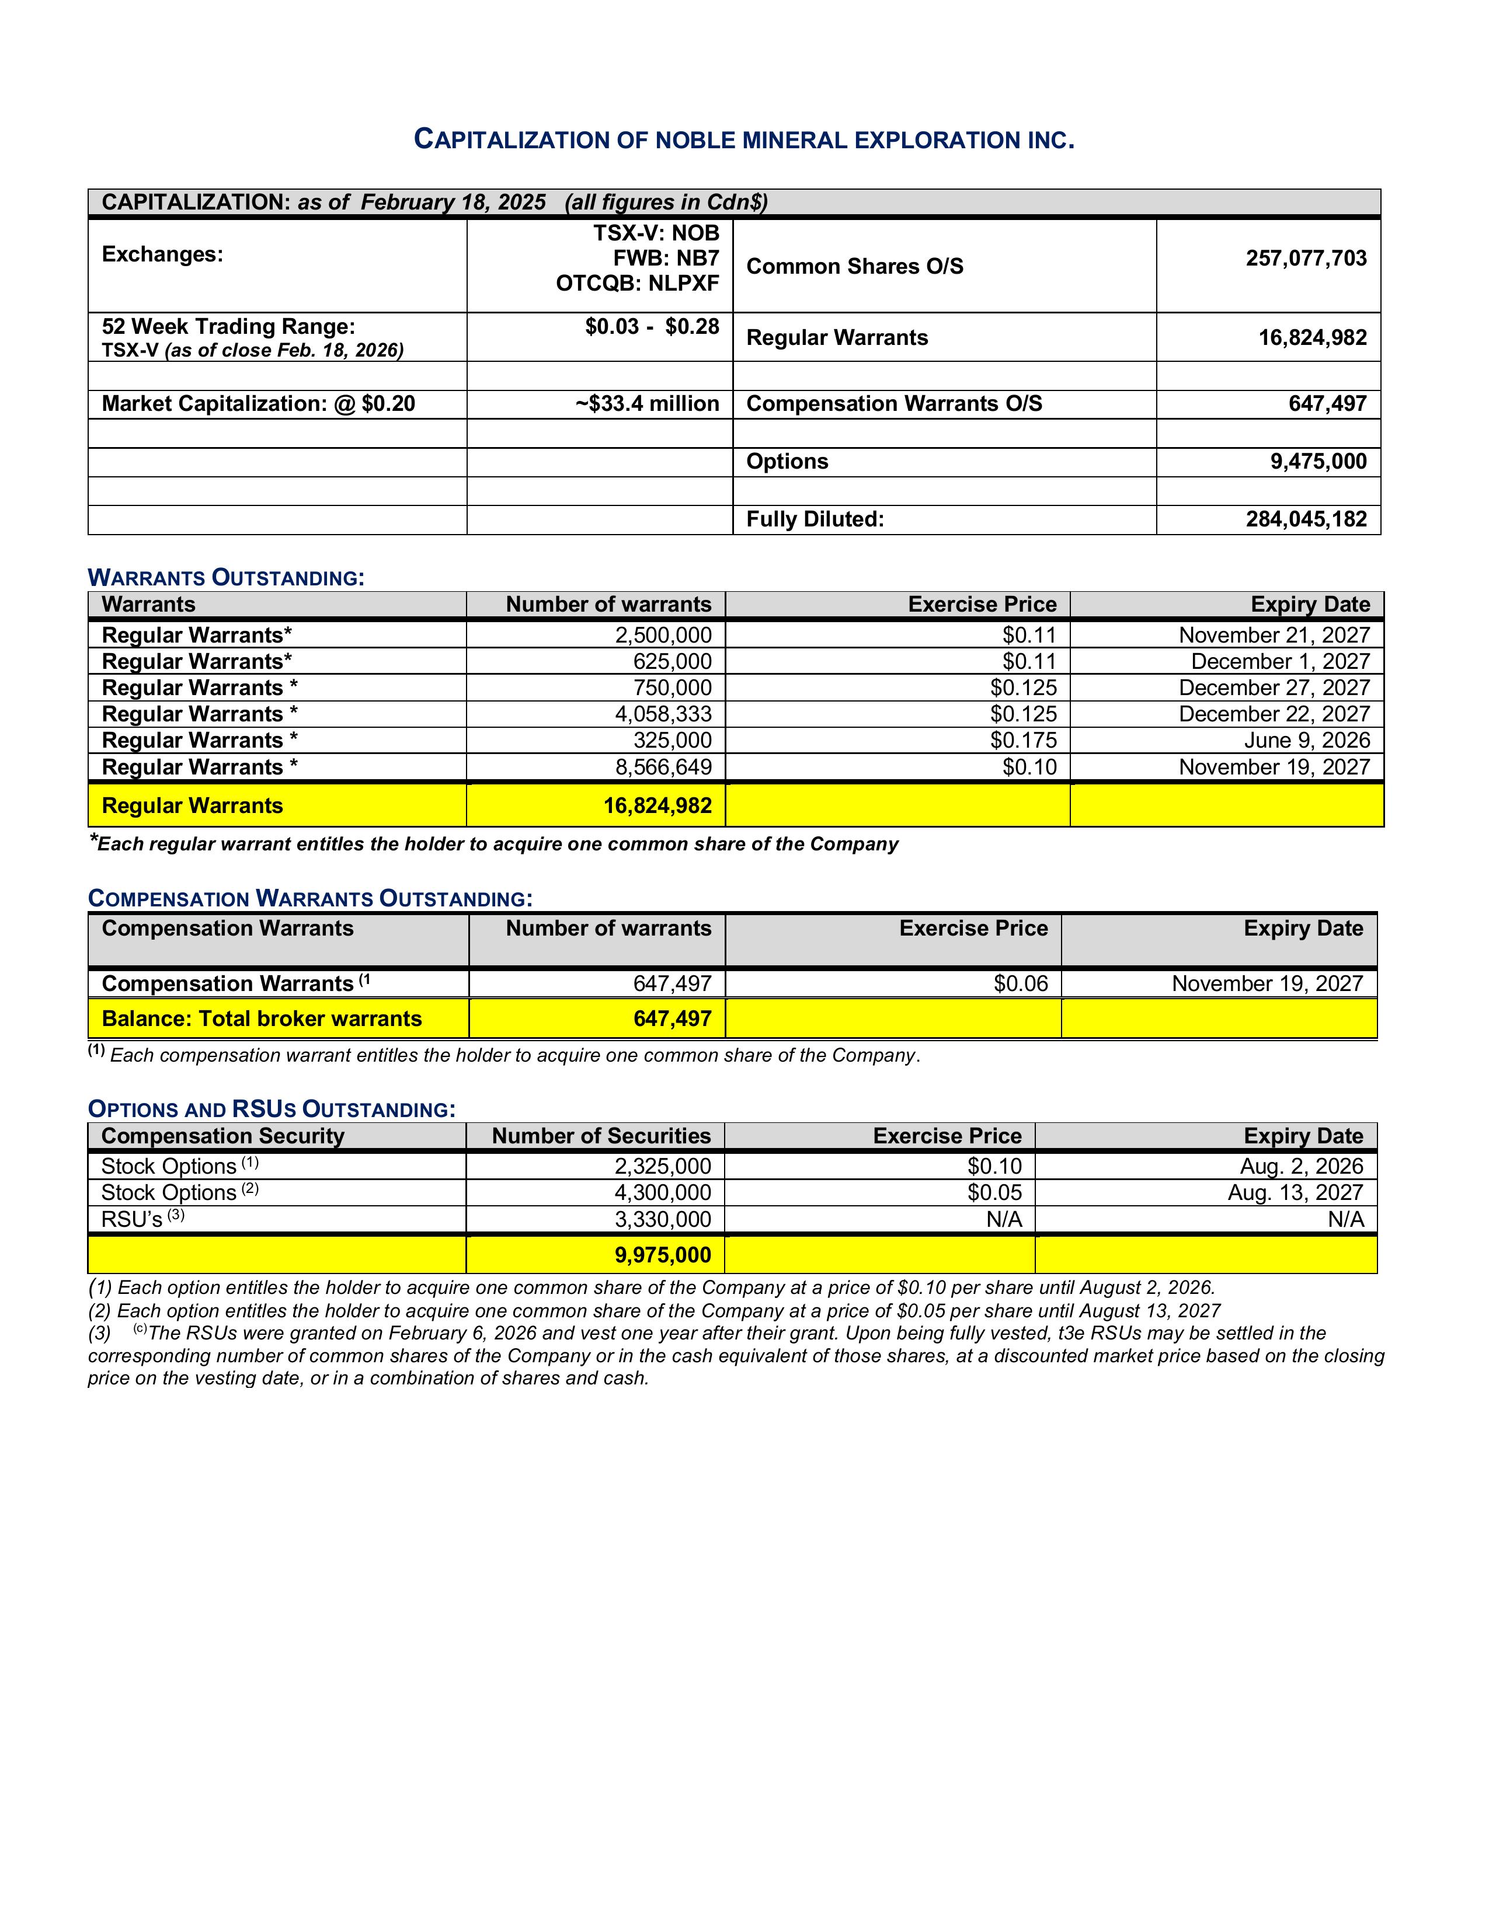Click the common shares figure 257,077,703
1306,259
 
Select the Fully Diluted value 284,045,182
1306,519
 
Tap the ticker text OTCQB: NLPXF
637,283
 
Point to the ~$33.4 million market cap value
648,404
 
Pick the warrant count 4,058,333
663,714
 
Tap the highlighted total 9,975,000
663,1255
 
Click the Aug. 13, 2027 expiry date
1295,1193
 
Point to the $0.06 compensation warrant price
1021,984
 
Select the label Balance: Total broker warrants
262,1020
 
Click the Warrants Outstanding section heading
226,578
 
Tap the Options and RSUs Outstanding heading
272,1109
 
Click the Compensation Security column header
222,1137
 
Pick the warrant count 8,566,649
663,767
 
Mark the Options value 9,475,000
1318,462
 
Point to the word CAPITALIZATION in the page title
511,140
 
